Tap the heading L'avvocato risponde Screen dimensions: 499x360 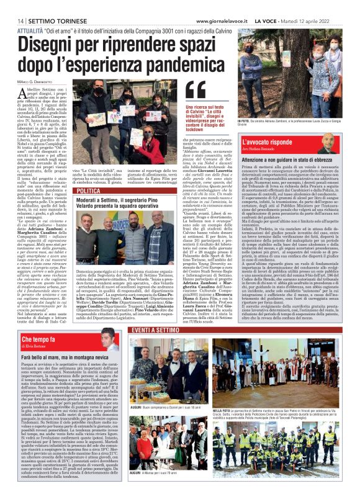click(266, 142)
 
